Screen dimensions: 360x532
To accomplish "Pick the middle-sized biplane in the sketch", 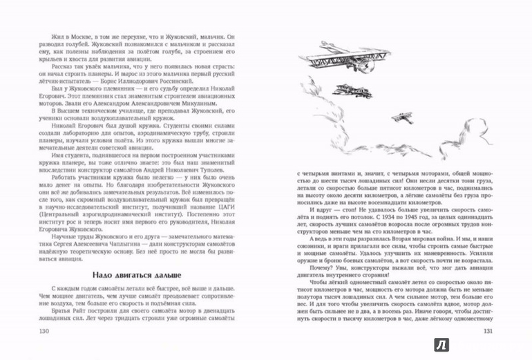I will (348, 90).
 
